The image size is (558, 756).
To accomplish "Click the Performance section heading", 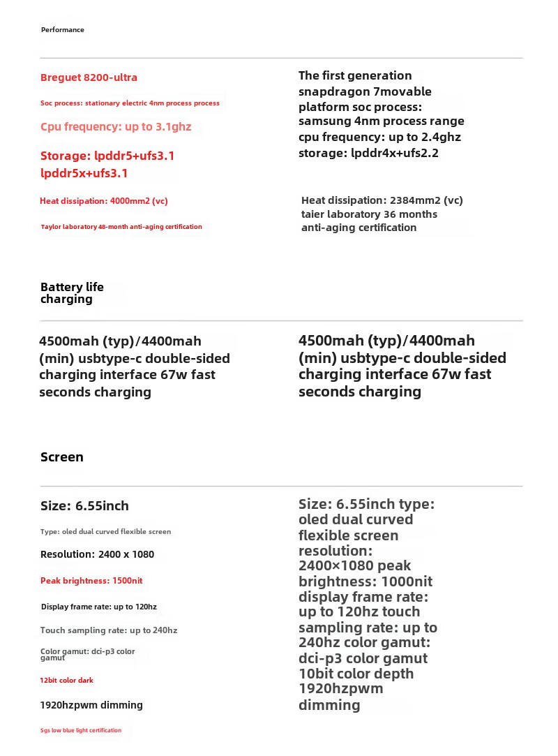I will (x=63, y=30).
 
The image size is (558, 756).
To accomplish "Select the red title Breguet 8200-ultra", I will (x=89, y=77).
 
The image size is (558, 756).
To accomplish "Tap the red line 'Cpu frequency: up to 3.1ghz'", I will (x=116, y=127).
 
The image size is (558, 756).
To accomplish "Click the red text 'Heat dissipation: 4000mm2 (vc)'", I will (x=104, y=201).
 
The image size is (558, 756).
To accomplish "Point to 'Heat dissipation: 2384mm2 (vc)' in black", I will (x=382, y=200).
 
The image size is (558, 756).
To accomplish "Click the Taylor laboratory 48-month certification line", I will (x=121, y=227).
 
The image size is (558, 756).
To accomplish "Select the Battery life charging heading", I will (x=72, y=293).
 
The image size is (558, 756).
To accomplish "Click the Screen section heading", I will (x=62, y=457).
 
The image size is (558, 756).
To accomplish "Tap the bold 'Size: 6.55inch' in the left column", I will (x=84, y=506).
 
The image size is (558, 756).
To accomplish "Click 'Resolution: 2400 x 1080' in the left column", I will (x=97, y=554).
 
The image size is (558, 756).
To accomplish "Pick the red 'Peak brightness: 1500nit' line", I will (x=91, y=581).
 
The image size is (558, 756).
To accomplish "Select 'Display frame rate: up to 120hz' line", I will (x=99, y=607).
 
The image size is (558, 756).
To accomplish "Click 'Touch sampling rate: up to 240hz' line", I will (x=109, y=630).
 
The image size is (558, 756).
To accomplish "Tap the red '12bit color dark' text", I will (x=67, y=681).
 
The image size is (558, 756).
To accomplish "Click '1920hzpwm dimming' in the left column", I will (x=91, y=705).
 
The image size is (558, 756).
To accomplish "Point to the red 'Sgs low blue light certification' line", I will (x=81, y=730).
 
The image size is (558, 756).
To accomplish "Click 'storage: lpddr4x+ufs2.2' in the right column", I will (x=368, y=153).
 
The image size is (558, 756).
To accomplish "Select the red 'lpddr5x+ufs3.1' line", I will (x=84, y=173).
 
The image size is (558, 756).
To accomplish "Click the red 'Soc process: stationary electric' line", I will (x=130, y=103).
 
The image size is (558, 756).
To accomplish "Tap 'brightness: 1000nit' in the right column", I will (x=365, y=581).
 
